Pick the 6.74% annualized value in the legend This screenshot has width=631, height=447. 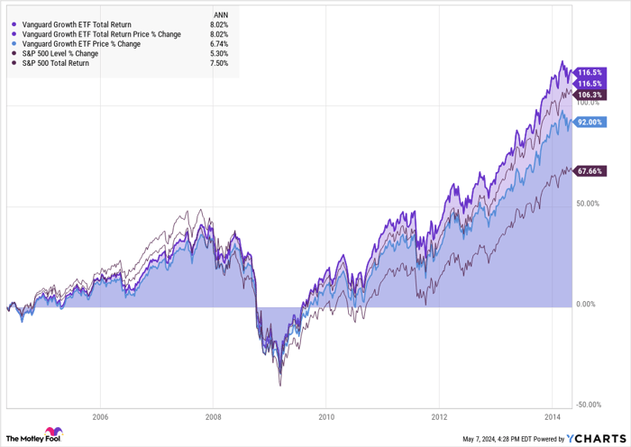(x=218, y=43)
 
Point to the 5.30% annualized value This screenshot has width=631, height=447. (x=218, y=53)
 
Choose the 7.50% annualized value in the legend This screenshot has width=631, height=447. (x=218, y=63)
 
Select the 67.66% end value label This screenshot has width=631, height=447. (x=590, y=171)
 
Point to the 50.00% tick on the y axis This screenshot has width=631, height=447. (x=588, y=204)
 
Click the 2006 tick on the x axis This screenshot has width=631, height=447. (x=99, y=417)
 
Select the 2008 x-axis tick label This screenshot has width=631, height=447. (x=213, y=417)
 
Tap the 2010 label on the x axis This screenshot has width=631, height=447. (x=326, y=417)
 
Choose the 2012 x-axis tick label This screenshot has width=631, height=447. (x=440, y=417)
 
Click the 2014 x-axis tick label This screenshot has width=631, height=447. (x=553, y=417)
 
